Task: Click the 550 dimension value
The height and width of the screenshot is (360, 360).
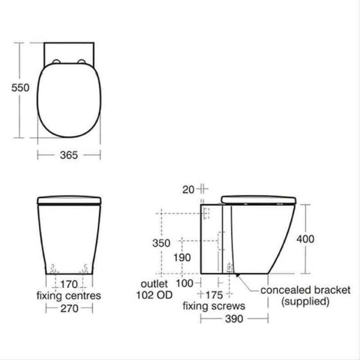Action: pos(20,88)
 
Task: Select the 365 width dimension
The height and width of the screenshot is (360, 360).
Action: pos(69,155)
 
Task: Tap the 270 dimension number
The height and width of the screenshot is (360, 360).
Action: pos(69,308)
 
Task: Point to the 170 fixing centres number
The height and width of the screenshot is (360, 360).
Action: pos(69,285)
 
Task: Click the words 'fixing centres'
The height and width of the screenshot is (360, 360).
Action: pos(69,295)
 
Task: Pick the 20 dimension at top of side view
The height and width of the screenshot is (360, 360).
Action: pos(188,190)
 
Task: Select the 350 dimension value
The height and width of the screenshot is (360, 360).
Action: pos(161,243)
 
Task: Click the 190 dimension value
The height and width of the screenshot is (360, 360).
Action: pos(182,257)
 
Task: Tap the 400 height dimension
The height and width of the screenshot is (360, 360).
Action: pos(306,239)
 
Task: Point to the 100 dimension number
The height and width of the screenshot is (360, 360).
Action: pos(185,283)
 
